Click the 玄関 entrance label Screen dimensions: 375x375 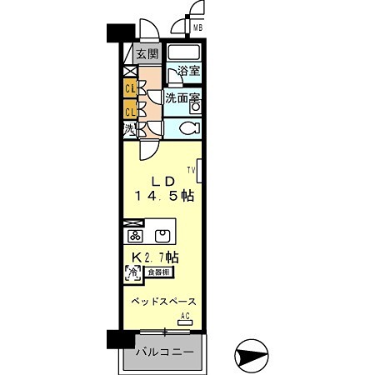tap(147, 55)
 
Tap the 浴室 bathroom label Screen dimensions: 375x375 tap(188, 71)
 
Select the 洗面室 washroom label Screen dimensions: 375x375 tap(182, 97)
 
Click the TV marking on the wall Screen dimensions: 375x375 tap(192, 171)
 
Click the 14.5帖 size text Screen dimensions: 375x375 tap(164, 197)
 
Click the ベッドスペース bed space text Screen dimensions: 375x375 tap(162, 301)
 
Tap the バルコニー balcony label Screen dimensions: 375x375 tap(164, 352)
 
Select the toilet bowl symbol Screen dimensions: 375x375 tap(187, 128)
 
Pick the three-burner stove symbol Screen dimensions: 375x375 tap(132, 235)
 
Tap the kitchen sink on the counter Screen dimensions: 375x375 tap(163, 234)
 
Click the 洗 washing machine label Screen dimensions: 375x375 tap(130, 129)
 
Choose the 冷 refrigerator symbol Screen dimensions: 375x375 tap(132, 272)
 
